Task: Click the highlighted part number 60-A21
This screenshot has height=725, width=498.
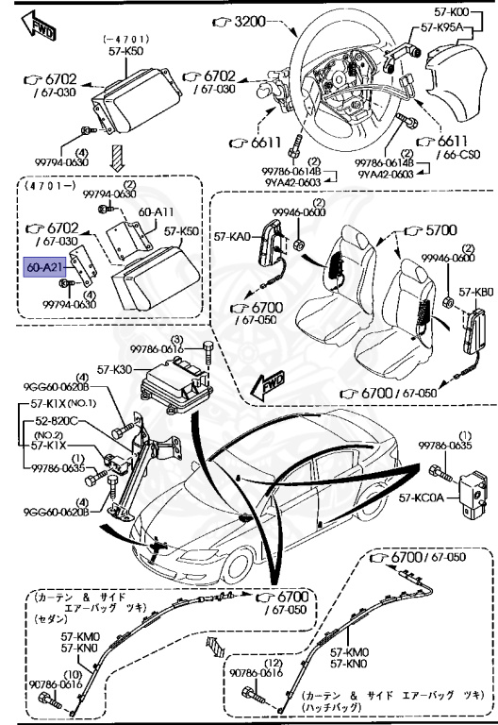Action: click(44, 268)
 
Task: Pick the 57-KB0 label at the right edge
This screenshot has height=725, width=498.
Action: click(476, 292)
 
